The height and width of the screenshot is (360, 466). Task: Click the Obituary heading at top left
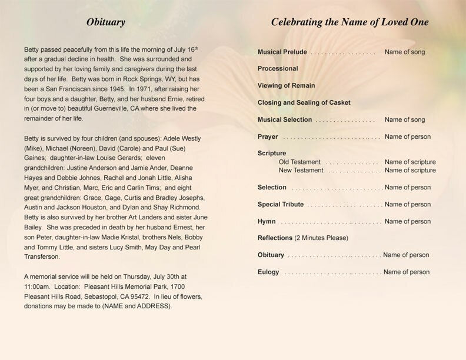click(x=106, y=23)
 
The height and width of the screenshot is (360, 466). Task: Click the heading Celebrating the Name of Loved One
click(x=349, y=23)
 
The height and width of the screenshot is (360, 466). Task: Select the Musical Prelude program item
click(x=282, y=52)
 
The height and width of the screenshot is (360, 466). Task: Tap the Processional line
click(x=278, y=69)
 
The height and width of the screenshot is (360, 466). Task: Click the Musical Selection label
click(x=285, y=120)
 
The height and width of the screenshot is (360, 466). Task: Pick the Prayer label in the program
click(x=268, y=137)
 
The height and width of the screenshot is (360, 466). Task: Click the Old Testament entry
click(x=299, y=162)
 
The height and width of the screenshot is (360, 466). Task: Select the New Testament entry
click(x=301, y=171)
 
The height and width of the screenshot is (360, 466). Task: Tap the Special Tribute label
click(x=281, y=205)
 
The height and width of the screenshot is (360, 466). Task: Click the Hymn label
click(x=267, y=222)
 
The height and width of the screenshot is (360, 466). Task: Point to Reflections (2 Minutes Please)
click(x=303, y=238)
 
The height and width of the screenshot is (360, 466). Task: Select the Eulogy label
click(x=268, y=272)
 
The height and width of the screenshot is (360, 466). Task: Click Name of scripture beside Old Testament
click(x=410, y=162)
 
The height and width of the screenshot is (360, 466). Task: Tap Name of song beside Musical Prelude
click(x=405, y=52)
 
